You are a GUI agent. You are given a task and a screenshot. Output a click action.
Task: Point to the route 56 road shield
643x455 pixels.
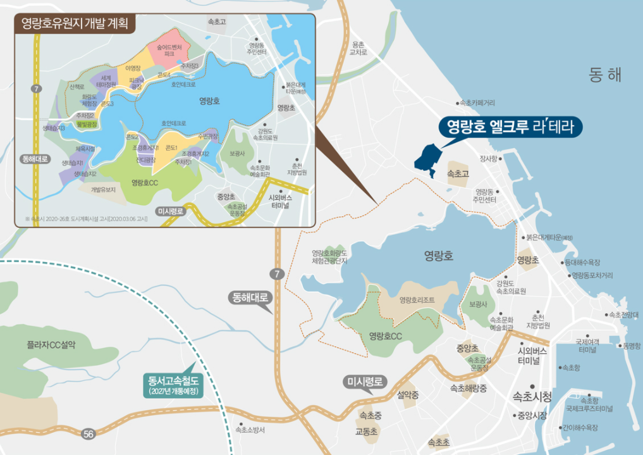(89, 433)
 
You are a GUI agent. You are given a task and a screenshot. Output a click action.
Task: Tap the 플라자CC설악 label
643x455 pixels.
(51, 346)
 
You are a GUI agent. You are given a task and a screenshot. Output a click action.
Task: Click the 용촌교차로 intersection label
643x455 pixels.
(358, 49)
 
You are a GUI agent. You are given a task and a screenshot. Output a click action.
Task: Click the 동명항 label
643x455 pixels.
(631, 346)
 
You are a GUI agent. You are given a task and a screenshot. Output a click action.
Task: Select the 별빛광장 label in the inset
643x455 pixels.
(86, 125)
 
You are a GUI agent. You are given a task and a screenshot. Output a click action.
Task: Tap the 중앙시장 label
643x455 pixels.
(531, 416)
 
